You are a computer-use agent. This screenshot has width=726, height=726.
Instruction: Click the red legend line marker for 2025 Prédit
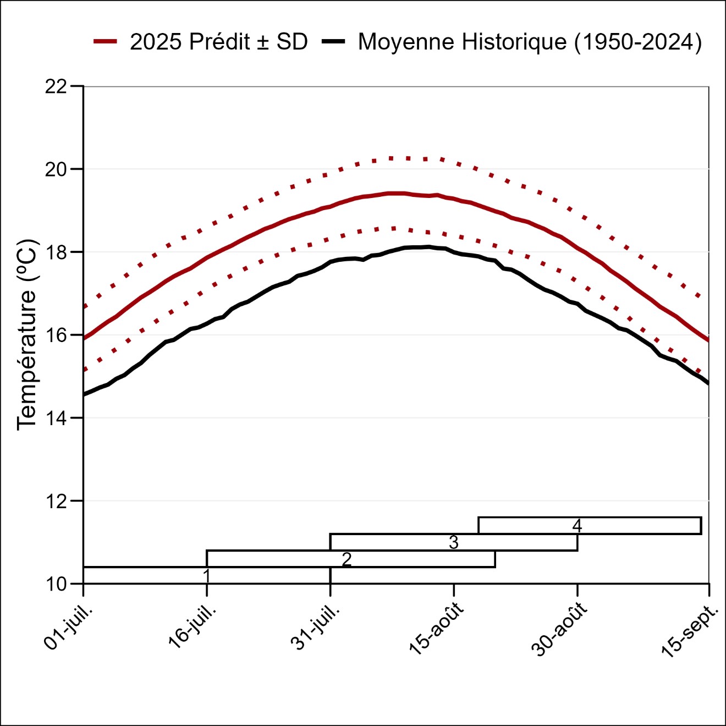coord(105,42)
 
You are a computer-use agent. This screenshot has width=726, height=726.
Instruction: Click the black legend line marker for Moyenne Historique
coord(334,42)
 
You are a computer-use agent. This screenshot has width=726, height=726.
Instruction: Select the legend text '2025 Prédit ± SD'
coord(218,42)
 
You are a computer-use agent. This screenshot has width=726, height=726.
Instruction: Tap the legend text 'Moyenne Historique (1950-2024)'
coord(530,42)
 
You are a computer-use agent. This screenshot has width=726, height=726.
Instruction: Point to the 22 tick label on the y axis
coord(56,86)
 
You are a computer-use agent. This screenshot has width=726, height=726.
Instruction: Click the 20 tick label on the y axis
coord(56,169)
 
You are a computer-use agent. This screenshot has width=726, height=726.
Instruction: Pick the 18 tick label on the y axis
coord(56,252)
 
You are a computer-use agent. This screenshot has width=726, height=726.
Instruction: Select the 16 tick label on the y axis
coord(56,335)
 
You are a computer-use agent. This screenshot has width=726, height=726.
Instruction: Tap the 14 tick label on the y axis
coord(56,419)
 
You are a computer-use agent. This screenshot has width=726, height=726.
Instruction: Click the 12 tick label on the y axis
coord(56,502)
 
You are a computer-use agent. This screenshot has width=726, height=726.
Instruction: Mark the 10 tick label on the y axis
coord(56,584)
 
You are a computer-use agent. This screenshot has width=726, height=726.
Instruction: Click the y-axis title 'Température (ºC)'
coord(26,334)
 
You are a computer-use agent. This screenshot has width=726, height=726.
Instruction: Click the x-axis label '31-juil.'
coord(316,627)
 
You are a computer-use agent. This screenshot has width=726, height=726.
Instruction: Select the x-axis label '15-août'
coord(437,628)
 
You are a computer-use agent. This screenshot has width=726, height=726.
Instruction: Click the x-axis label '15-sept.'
coord(690,630)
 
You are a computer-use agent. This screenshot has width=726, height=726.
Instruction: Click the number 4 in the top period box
coord(577,526)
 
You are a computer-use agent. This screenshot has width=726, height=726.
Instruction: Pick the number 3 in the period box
coord(454,542)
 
